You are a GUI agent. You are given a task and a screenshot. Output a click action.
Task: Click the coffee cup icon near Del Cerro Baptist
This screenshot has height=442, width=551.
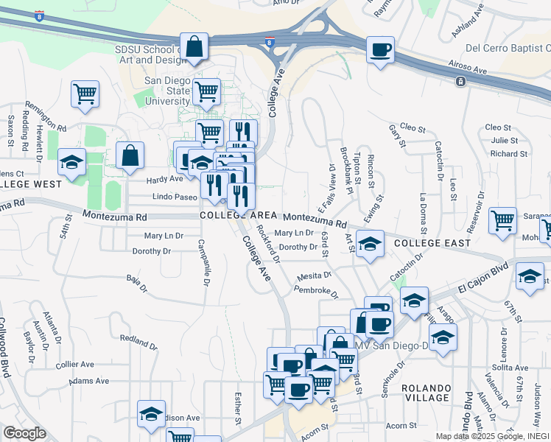point(380,50)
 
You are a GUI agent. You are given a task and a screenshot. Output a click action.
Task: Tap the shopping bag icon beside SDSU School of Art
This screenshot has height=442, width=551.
point(193,47)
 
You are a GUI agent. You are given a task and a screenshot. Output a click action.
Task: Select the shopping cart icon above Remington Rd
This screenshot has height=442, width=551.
point(85,94)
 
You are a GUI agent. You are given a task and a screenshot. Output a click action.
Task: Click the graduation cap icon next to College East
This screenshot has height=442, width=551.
point(370,242)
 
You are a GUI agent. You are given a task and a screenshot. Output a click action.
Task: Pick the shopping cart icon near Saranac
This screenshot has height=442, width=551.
point(502,220)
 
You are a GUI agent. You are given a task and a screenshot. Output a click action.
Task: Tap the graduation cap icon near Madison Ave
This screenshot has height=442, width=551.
point(151,414)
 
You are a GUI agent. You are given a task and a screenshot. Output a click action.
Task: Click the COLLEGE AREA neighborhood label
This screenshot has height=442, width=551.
point(238,215)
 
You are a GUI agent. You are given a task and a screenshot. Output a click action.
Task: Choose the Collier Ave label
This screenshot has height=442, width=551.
point(75,365)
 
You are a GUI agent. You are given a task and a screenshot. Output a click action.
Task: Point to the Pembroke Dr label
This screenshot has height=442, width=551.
point(315,292)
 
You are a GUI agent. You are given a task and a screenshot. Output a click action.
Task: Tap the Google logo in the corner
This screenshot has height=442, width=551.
point(25,432)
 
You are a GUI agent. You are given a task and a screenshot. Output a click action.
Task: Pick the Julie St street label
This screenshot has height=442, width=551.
point(505,140)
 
